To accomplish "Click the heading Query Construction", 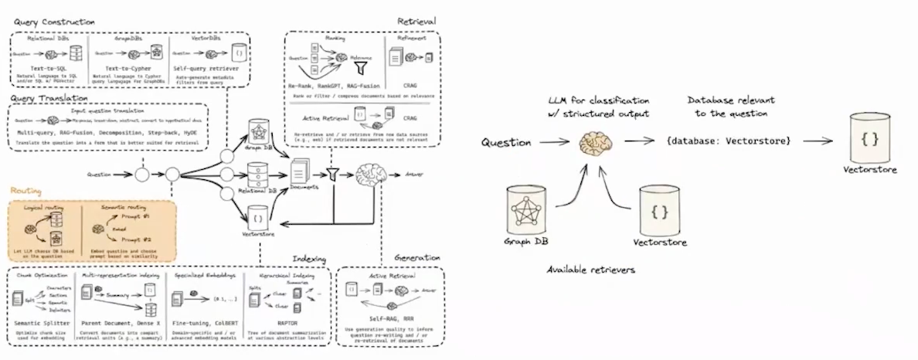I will (52, 22).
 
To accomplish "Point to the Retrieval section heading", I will (416, 21).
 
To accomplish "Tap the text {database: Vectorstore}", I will (726, 142).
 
